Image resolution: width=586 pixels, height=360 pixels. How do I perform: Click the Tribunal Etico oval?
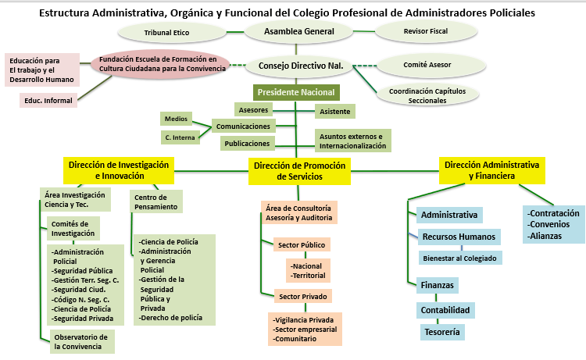click(172, 33)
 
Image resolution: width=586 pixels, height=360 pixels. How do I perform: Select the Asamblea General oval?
click(298, 31)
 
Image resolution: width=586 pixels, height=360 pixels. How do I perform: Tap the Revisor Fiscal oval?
click(426, 31)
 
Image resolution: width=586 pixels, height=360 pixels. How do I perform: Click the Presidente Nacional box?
click(296, 92)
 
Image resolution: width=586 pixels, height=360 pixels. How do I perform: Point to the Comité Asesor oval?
click(431, 65)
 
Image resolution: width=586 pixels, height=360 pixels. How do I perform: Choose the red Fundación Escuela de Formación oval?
click(159, 64)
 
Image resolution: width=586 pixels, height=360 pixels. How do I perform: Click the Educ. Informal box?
click(48, 101)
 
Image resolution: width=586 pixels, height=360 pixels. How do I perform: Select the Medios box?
click(176, 119)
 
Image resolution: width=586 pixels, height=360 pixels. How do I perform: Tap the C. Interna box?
click(180, 137)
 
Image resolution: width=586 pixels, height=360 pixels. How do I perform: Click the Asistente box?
click(335, 112)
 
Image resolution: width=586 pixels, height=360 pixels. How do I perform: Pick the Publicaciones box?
click(248, 144)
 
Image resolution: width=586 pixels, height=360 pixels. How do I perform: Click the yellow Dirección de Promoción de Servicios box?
click(299, 171)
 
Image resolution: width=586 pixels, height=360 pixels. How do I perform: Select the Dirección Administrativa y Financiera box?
click(491, 170)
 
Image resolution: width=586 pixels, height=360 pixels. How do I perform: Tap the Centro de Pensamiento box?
click(156, 201)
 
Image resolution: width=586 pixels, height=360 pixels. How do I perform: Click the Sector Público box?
click(302, 245)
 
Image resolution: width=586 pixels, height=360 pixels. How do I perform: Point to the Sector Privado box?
click(303, 297)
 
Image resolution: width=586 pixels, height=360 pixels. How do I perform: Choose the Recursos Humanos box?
click(459, 237)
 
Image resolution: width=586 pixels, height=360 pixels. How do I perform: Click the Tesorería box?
click(442, 332)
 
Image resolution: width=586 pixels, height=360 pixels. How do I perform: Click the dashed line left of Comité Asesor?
click(365, 66)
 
